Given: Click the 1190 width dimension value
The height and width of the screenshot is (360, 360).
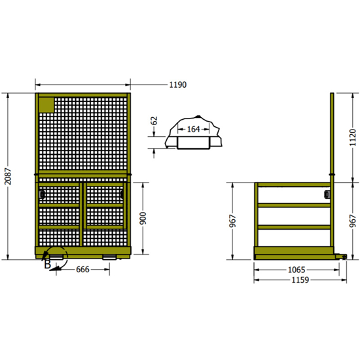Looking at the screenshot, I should click(x=177, y=84).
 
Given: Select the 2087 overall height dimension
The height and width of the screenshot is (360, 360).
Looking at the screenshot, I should click(x=8, y=177).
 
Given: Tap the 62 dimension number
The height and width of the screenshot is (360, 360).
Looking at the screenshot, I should click(x=155, y=120).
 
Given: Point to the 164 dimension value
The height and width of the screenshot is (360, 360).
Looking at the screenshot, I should click(x=194, y=130).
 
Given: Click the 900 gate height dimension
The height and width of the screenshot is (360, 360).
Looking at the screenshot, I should click(x=143, y=216).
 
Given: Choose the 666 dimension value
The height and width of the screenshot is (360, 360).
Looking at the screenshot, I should click(x=84, y=269).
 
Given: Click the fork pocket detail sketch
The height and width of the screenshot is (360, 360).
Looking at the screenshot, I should click(x=195, y=134).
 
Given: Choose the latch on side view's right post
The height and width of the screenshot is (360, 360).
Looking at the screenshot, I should click(x=326, y=193).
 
